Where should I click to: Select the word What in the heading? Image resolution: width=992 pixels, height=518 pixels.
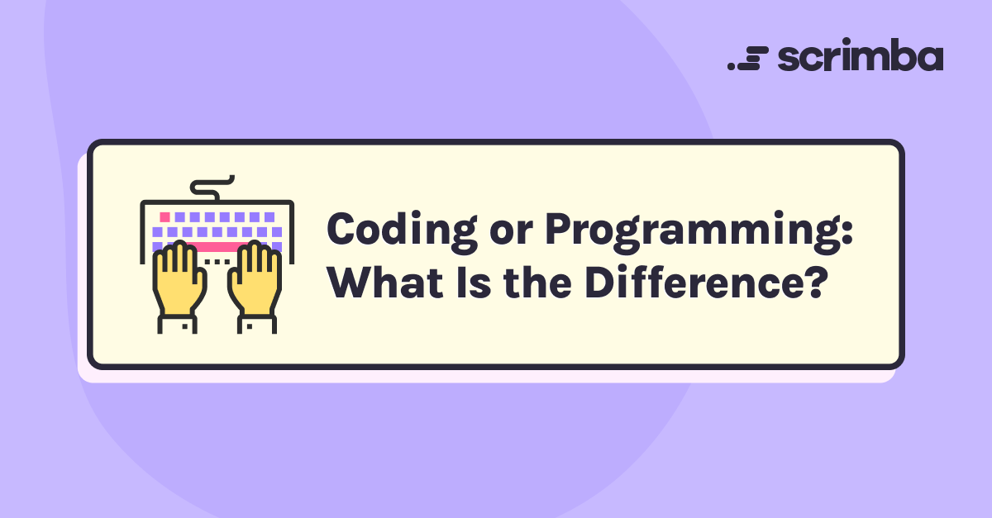(385, 282)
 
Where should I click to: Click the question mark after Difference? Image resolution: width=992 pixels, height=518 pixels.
(815, 282)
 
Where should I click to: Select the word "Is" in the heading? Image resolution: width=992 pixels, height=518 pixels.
(474, 282)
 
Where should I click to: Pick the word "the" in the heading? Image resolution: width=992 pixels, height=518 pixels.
(537, 282)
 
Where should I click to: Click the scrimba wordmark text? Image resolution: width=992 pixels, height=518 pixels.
(861, 55)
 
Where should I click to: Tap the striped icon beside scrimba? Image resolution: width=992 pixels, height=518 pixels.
(747, 58)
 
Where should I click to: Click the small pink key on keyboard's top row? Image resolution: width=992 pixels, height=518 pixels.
(165, 217)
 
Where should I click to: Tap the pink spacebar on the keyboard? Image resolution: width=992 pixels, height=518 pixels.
(217, 246)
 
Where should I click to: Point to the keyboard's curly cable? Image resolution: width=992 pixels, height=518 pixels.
(212, 188)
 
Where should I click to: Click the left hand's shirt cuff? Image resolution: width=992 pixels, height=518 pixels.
(177, 324)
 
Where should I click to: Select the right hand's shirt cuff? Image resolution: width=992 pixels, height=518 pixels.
(257, 324)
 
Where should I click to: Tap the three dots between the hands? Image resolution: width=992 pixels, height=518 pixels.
(217, 262)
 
